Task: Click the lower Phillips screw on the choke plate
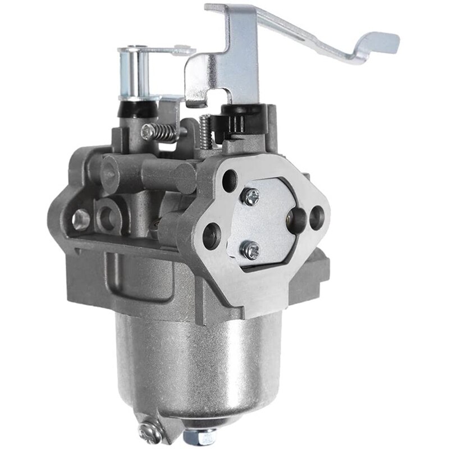tap(250, 250)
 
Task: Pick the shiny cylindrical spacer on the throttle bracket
tap(130, 70)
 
